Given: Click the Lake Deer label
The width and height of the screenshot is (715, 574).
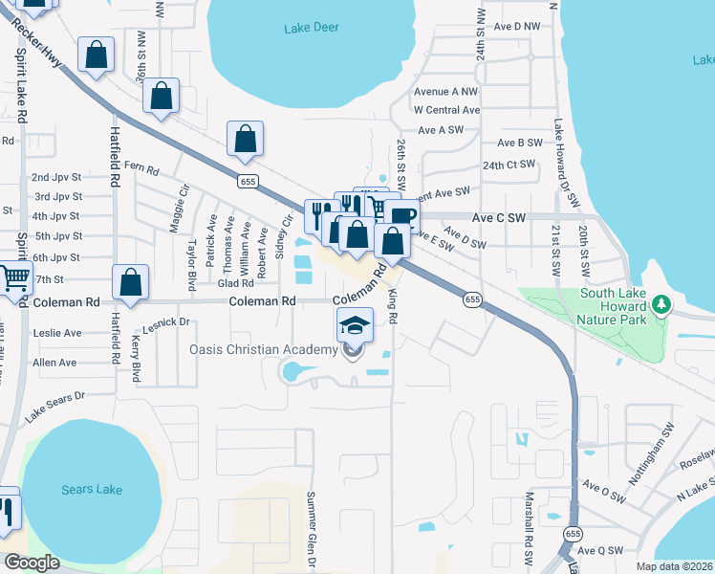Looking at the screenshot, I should click(312, 28).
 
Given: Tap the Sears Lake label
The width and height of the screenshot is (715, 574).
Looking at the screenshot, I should click(92, 490).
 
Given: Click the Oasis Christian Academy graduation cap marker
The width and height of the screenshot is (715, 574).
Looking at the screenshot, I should click(355, 325).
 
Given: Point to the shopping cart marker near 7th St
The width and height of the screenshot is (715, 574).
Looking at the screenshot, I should click(15, 278).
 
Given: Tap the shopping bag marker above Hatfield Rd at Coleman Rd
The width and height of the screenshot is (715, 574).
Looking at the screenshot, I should click(131, 282).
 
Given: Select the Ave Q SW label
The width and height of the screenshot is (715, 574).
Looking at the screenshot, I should click(602, 551).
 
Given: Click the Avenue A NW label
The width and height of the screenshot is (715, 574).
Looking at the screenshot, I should click(445, 92).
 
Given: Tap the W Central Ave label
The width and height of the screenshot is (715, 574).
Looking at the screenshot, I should click(452, 110).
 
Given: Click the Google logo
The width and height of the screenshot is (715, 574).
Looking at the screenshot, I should click(32, 563).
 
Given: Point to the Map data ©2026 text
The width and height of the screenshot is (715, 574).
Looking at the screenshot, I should click(673, 566).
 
